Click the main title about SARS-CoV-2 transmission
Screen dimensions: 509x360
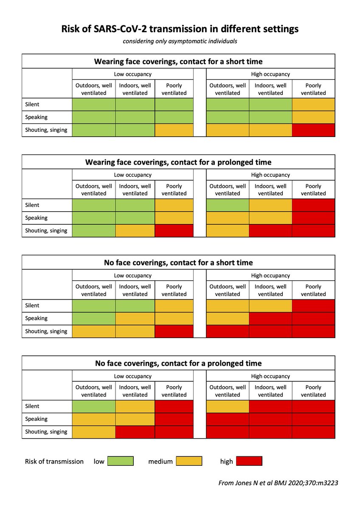pos(180,29)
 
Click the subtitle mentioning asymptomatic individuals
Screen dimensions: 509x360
pos(180,41)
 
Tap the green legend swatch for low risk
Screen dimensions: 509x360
pos(120,461)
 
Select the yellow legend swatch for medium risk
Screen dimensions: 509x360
pos(189,461)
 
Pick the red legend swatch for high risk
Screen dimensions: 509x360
pos(249,461)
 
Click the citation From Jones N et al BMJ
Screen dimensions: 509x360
pos(278,483)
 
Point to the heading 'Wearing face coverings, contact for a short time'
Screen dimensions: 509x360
pos(178,62)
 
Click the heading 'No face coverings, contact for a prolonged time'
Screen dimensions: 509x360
pos(178,363)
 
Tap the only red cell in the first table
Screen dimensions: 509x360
pos(313,130)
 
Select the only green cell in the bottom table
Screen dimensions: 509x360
pos(94,406)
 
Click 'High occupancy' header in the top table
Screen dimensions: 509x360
pos(270,74)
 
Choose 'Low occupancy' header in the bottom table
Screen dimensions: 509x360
pos(132,376)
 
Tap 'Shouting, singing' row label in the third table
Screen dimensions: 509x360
pos(46,331)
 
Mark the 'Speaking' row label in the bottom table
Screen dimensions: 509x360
pos(36,419)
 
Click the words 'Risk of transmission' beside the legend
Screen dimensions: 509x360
pos(54,461)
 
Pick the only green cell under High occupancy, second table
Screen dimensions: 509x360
pos(228,205)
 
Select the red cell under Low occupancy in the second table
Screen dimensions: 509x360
pos(174,231)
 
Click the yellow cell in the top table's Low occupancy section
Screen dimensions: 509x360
pos(174,130)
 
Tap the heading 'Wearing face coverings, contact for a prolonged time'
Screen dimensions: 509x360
pos(178,162)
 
